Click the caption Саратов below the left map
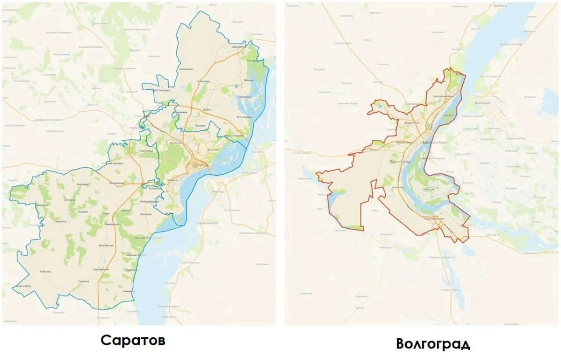click(x=133, y=340)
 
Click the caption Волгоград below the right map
click(x=433, y=344)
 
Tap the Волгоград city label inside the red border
click(x=400, y=161)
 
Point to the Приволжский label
click(x=209, y=223)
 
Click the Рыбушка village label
click(x=45, y=271)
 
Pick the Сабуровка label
click(x=245, y=97)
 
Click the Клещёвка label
click(x=203, y=81)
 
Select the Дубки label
click(x=208, y=109)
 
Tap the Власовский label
click(x=106, y=245)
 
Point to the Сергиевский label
click(x=101, y=269)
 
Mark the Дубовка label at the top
click(x=500, y=6)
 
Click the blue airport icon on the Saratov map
click(x=236, y=86)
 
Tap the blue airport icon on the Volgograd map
click(x=381, y=106)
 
